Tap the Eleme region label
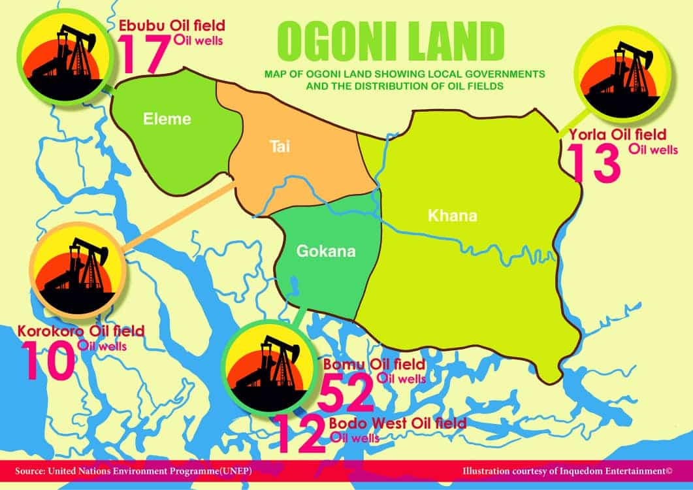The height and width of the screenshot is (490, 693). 167,119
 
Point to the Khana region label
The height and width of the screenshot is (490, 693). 452,216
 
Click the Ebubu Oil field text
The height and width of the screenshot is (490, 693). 171,25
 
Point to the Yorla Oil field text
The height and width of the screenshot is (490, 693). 617,135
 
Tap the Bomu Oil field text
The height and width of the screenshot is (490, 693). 374,363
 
